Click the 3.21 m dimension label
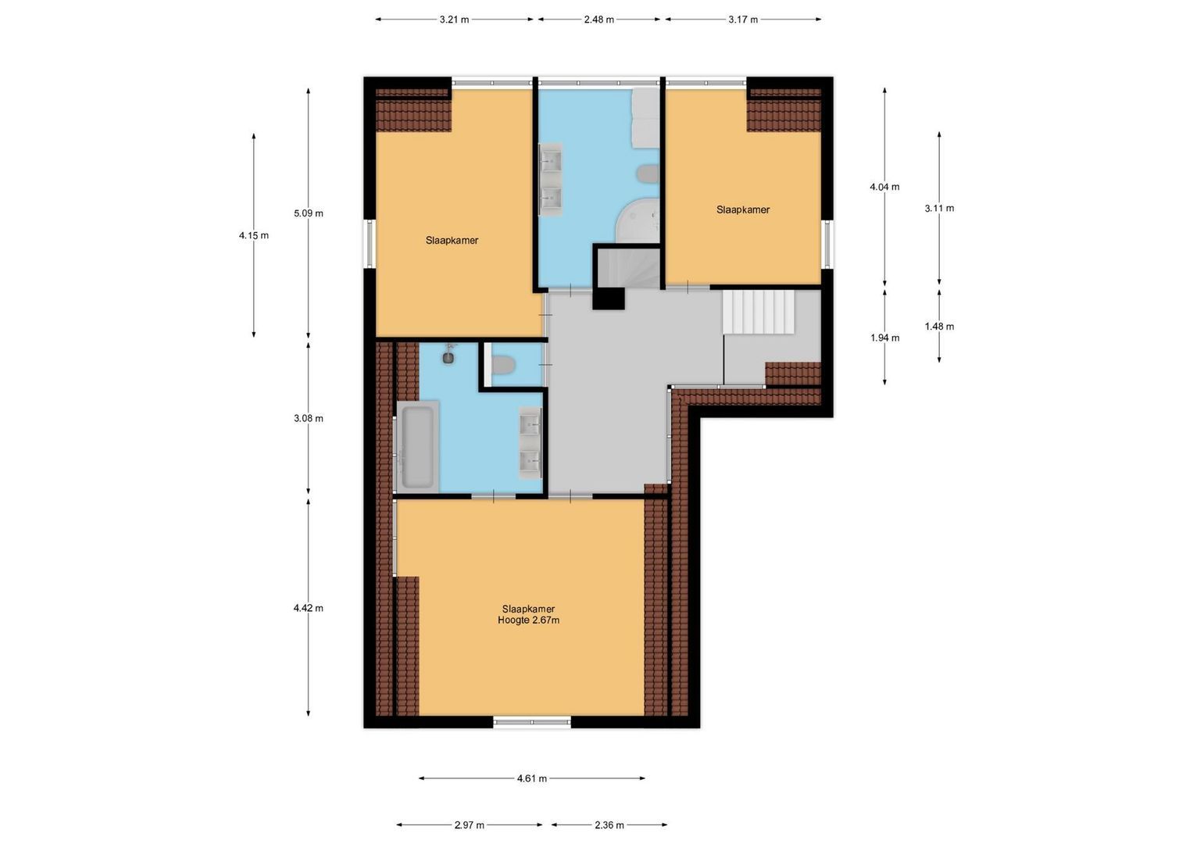(454, 20)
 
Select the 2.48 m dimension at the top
(598, 20)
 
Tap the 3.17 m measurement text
(743, 20)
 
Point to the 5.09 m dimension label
(309, 213)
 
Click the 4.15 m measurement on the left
(254, 235)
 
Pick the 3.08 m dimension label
(309, 418)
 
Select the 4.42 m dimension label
(309, 608)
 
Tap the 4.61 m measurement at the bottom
(532, 778)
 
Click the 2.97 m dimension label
(469, 824)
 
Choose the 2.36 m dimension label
(609, 824)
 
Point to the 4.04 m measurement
(884, 187)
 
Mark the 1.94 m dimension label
(884, 338)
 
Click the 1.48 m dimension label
(939, 327)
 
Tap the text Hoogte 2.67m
(529, 620)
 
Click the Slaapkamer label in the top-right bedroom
(743, 209)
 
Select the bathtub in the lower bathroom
(416, 445)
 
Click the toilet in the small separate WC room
(504, 364)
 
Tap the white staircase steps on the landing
(758, 312)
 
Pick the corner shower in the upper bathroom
(639, 221)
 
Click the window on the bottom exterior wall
(532, 722)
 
